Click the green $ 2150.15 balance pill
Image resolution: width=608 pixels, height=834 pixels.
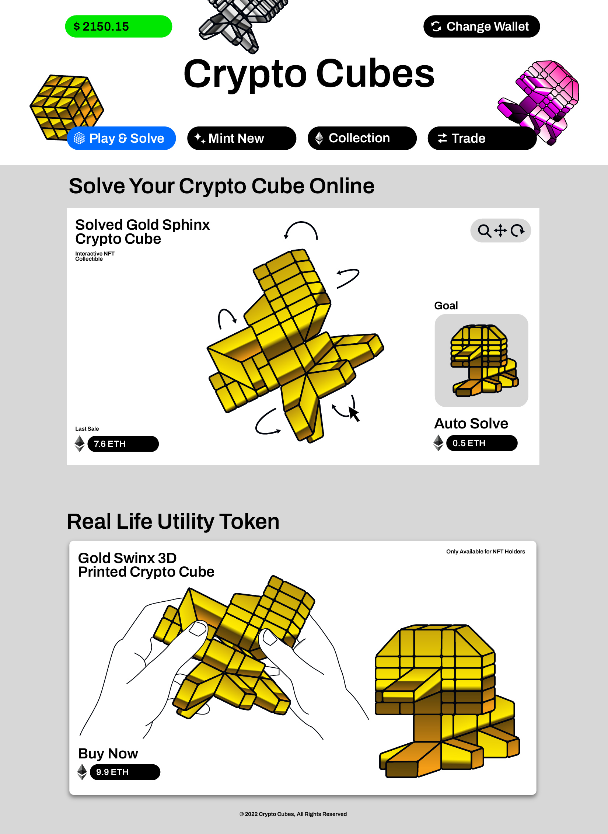tap(118, 27)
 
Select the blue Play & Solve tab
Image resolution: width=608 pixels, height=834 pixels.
tap(121, 138)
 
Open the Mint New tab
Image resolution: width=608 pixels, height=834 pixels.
tap(241, 138)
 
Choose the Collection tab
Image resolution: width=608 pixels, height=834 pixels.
tap(362, 138)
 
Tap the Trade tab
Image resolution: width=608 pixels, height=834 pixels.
tap(482, 138)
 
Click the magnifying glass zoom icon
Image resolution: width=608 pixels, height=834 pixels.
tap(484, 231)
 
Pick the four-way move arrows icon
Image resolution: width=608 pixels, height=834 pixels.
tap(500, 230)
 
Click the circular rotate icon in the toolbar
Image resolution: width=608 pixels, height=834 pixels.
tap(518, 230)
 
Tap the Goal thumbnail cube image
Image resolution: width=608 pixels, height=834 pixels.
tap(481, 360)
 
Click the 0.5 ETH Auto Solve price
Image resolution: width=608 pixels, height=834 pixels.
tap(482, 443)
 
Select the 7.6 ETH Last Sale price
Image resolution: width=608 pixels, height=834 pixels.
tap(123, 444)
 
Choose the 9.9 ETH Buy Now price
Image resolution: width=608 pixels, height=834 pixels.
tap(125, 772)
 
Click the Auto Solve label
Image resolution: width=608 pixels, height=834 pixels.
tap(471, 424)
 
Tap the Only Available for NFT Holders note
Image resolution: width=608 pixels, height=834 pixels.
tap(485, 552)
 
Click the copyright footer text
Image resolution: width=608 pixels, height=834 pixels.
tap(293, 814)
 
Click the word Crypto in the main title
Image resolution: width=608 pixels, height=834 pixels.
tap(245, 74)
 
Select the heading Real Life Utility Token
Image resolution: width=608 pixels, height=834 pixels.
tap(173, 522)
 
